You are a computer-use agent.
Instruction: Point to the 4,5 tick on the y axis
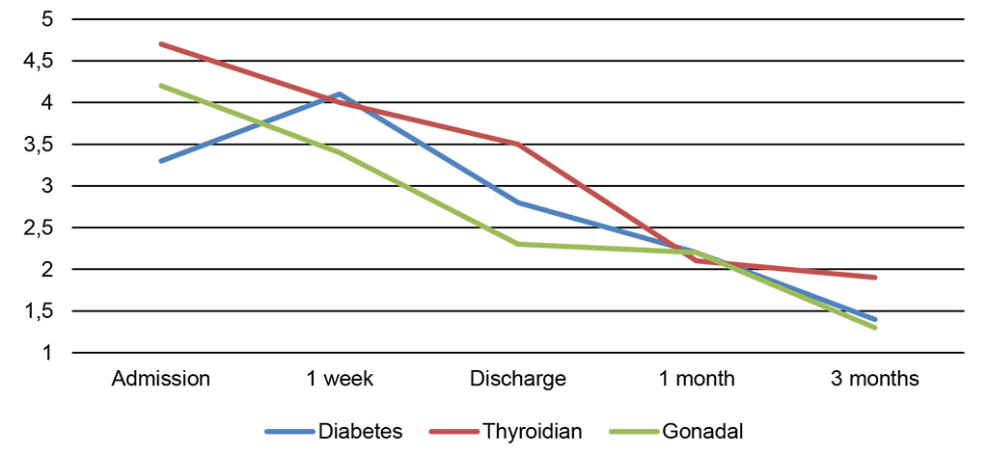[x=40, y=61]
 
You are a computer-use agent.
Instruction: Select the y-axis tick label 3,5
[x=40, y=145]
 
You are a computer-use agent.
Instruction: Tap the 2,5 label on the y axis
[x=40, y=228]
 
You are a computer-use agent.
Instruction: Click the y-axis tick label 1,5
[x=40, y=311]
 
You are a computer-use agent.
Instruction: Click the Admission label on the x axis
[x=160, y=379]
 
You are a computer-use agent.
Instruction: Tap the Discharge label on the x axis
[x=518, y=379]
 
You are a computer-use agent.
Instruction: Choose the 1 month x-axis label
[x=697, y=379]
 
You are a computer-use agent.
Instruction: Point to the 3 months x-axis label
[x=875, y=379]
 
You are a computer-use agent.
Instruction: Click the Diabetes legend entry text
[x=361, y=431]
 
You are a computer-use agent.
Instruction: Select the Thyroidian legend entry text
[x=533, y=431]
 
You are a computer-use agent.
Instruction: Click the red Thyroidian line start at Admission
[x=160, y=44]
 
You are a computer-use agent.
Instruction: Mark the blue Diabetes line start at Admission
[x=160, y=161]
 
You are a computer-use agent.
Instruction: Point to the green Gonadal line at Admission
[x=160, y=86]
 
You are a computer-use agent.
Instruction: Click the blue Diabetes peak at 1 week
[x=339, y=93]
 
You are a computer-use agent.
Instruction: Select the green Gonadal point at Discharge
[x=518, y=244]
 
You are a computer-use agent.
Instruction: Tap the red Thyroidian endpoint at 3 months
[x=875, y=278]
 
